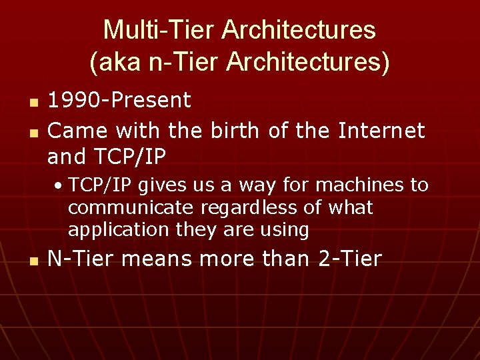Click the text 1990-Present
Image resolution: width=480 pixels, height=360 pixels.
point(119,101)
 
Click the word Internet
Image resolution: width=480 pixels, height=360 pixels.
point(381,130)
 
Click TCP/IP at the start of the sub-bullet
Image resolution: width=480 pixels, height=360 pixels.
point(101,185)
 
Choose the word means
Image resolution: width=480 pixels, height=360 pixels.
point(153,259)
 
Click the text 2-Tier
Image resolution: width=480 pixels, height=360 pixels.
point(350,259)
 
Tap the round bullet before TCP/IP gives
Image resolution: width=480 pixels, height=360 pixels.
point(59,185)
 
